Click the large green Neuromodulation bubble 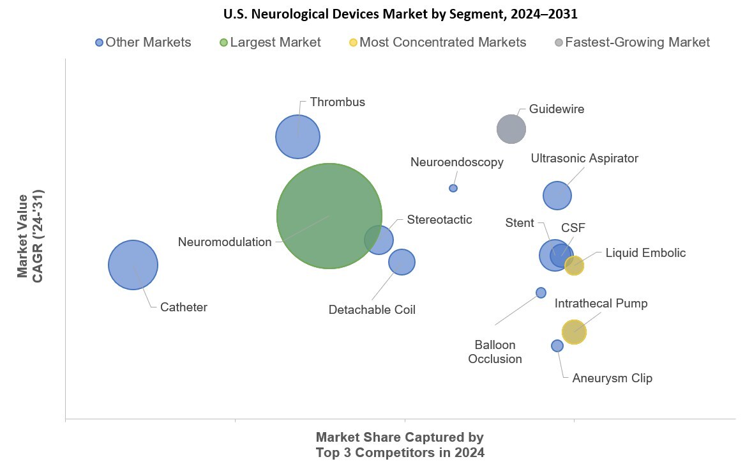pos(329,215)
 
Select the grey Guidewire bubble pos(511,129)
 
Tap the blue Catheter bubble pos(133,265)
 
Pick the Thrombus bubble pos(297,136)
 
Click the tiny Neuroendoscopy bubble pos(453,188)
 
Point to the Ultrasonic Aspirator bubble pos(557,196)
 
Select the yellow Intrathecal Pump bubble pos(574,331)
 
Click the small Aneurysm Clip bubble pos(557,346)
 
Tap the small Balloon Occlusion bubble pos(541,293)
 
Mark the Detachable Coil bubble pos(402,261)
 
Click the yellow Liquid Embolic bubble pos(575,265)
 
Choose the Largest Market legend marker pos(223,43)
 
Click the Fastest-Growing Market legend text pos(637,43)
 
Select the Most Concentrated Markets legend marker pos(353,43)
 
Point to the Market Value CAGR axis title pos(30,236)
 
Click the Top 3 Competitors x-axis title pos(400,445)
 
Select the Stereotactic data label pos(439,220)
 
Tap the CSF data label pos(573,228)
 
